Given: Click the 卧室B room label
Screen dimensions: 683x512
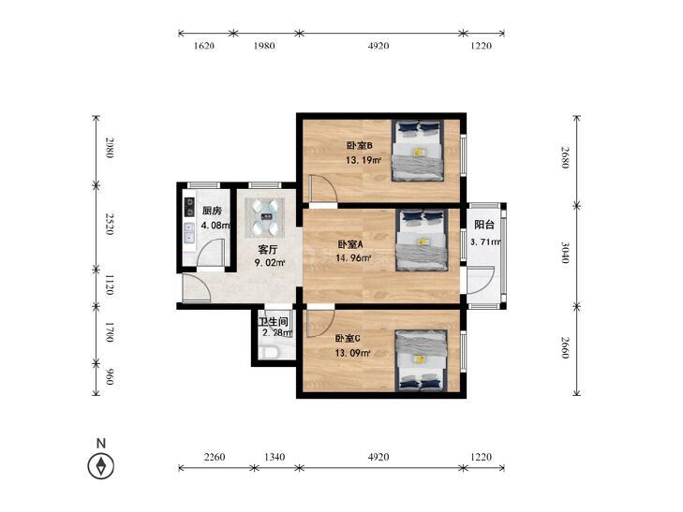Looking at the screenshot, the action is (359, 145).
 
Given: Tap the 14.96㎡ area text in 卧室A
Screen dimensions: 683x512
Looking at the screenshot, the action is (353, 258).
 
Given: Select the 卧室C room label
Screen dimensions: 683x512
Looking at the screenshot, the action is (348, 339).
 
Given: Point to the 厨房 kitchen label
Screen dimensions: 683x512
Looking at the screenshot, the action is (212, 211).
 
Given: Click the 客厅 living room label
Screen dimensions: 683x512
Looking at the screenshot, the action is (268, 250).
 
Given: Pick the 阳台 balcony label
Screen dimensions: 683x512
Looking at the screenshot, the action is (484, 225).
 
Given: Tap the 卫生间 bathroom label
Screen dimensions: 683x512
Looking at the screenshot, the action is (274, 322).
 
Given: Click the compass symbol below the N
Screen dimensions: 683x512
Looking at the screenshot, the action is (101, 466).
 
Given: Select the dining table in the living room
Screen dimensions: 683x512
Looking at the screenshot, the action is (265, 217).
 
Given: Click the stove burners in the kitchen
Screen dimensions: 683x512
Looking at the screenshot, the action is (189, 207).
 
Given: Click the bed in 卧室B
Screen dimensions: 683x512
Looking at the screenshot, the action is (418, 151).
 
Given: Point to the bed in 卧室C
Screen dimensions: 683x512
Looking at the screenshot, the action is (421, 360).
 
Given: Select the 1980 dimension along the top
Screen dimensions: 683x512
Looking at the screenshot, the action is (264, 46).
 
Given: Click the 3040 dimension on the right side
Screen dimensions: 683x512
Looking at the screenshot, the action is (565, 253).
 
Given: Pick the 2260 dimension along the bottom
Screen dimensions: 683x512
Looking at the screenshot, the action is (215, 457).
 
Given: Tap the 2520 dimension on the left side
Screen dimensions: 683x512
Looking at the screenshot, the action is (110, 224).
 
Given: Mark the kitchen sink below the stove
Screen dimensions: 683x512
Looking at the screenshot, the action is (189, 233).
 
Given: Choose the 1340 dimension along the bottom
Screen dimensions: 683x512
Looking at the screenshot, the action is (275, 457).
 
